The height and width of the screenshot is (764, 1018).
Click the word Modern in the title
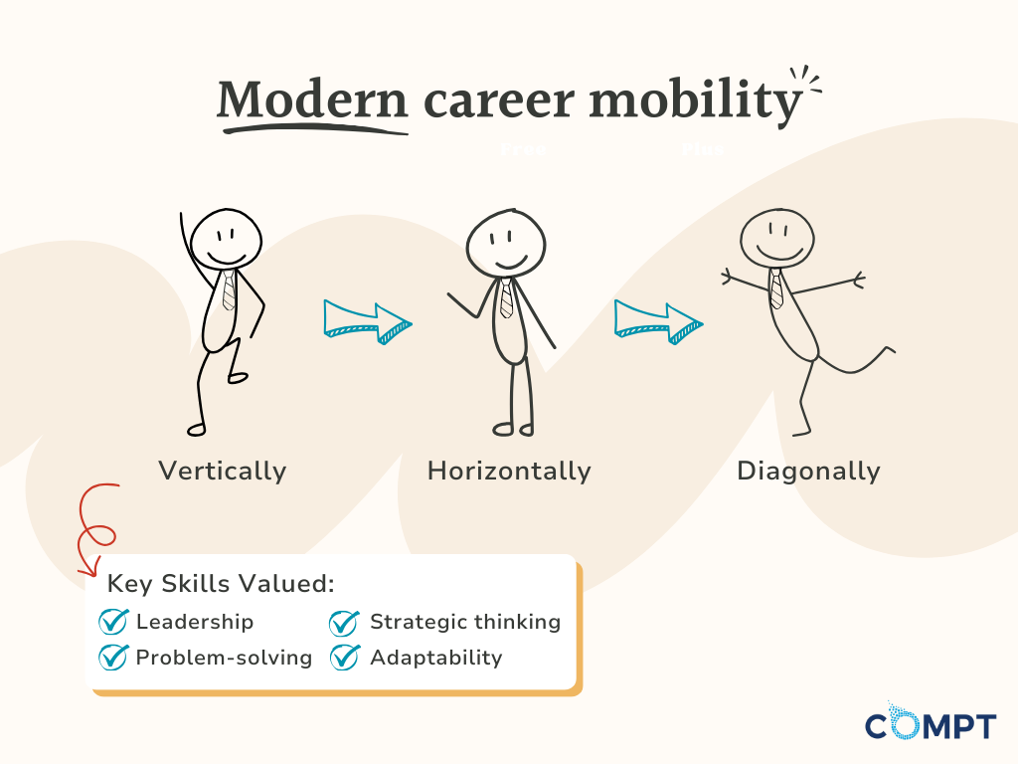(x=312, y=99)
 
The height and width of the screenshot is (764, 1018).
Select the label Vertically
(x=222, y=471)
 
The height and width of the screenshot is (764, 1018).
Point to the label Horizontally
(x=509, y=471)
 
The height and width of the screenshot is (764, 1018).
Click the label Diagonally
(x=808, y=471)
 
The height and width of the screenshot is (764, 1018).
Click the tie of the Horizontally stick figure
(x=506, y=296)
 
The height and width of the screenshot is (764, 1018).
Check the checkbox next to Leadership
(x=114, y=622)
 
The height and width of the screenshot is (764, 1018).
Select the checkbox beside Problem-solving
(x=114, y=657)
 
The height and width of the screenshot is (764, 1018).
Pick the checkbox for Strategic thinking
(x=344, y=622)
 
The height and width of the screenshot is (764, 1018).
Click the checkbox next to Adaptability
(x=344, y=657)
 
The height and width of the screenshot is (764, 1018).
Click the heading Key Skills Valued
(x=221, y=585)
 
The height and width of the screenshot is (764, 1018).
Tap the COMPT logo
(x=930, y=724)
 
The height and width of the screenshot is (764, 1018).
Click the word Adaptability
(x=436, y=658)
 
